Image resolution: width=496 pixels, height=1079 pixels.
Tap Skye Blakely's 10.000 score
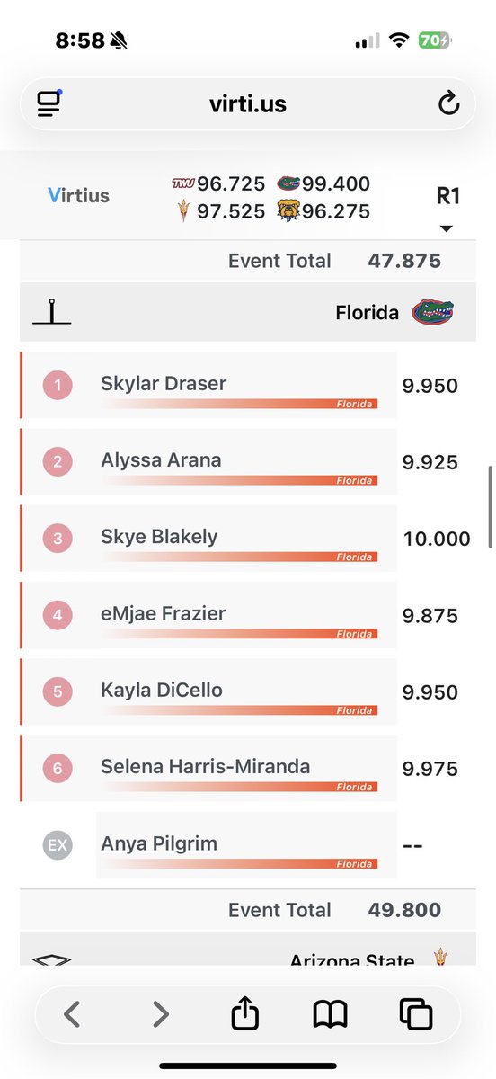coord(437,539)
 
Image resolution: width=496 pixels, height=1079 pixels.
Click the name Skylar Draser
coord(164,384)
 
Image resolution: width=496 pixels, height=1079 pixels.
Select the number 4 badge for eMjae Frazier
coord(58,616)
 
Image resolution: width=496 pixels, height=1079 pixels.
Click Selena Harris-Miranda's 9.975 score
coord(430,769)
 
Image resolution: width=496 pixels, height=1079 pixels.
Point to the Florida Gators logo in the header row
coord(432,312)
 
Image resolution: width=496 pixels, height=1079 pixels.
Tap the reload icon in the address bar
coord(448,104)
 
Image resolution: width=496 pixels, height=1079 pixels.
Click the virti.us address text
coord(247,104)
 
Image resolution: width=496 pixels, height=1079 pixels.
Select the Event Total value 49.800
coord(404,910)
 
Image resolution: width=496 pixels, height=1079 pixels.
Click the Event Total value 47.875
coord(404,261)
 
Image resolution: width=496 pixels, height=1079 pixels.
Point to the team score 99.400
coord(335,184)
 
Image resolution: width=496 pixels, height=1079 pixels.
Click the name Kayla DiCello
coord(162,691)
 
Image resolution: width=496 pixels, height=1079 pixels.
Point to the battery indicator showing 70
coord(434,41)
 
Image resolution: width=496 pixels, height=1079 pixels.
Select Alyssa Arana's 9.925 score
coord(430,462)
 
